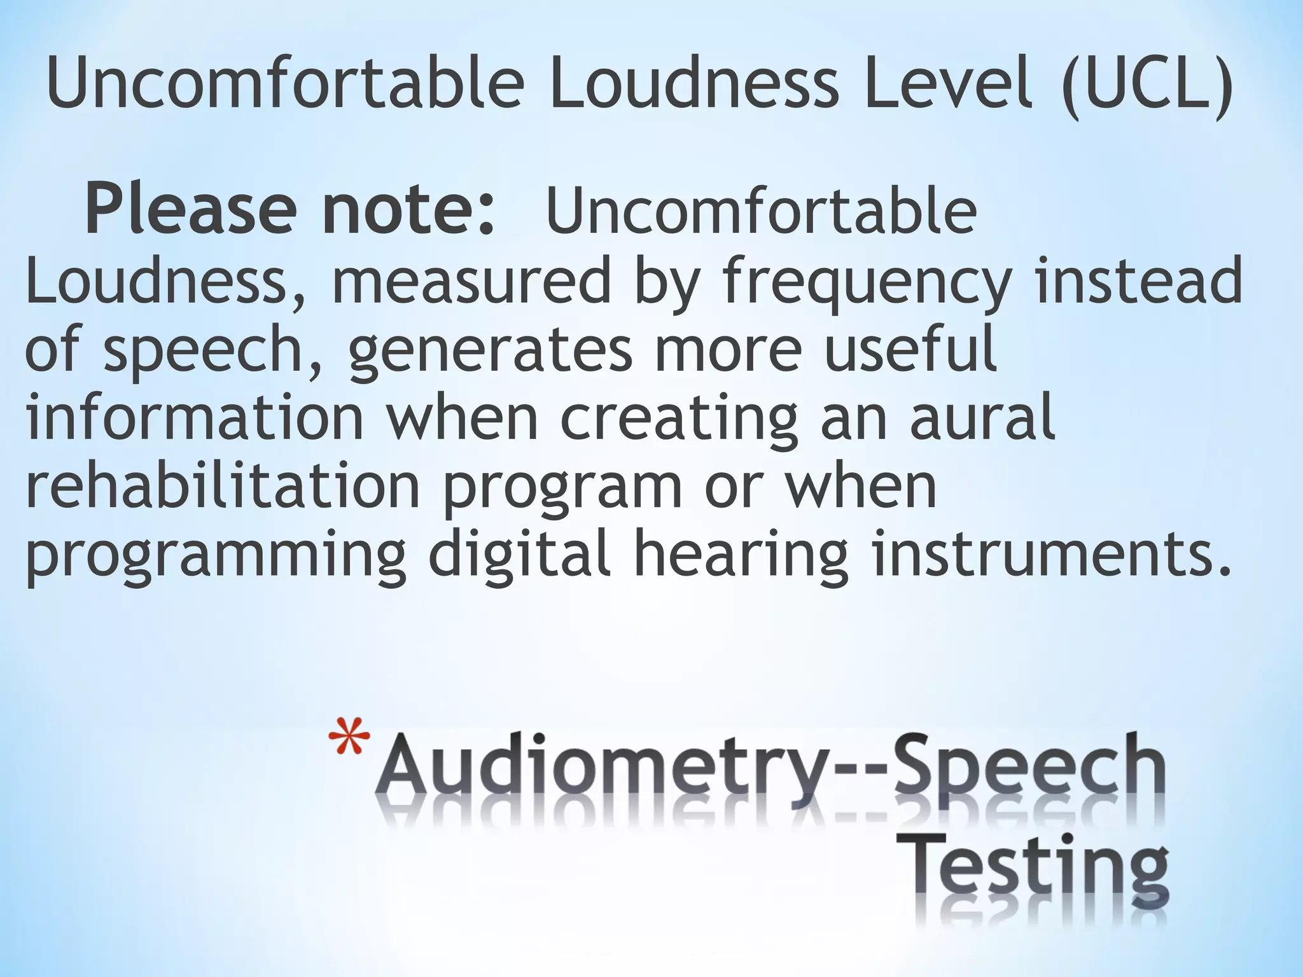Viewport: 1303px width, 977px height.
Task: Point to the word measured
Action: pyautogui.click(x=470, y=281)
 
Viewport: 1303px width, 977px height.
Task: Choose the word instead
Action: pyautogui.click(x=1139, y=279)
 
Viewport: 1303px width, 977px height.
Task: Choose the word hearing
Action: pyautogui.click(x=741, y=558)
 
